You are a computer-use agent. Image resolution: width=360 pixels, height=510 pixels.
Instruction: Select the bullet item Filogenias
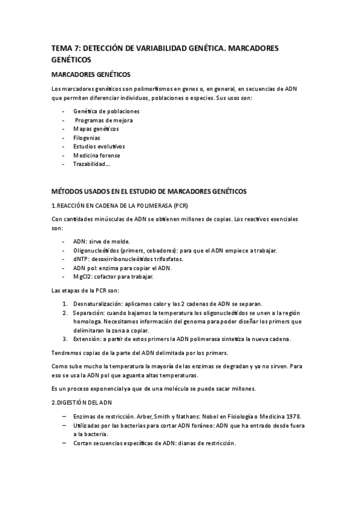pos(87,138)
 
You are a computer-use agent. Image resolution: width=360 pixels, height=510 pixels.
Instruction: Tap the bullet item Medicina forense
pos(96,155)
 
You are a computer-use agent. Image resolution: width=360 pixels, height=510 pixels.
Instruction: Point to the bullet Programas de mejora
pos(103,120)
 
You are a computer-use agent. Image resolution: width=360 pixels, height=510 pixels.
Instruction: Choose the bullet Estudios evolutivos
pos(99,146)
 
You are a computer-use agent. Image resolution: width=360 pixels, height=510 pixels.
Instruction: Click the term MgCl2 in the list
pos(84,277)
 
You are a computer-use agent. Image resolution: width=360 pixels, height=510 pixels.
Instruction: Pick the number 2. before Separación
pos(65,313)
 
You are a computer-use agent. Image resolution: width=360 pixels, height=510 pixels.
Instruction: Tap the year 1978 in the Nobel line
pos(294,416)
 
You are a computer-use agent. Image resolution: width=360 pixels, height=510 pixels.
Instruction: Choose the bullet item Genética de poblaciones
pos(106,111)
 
